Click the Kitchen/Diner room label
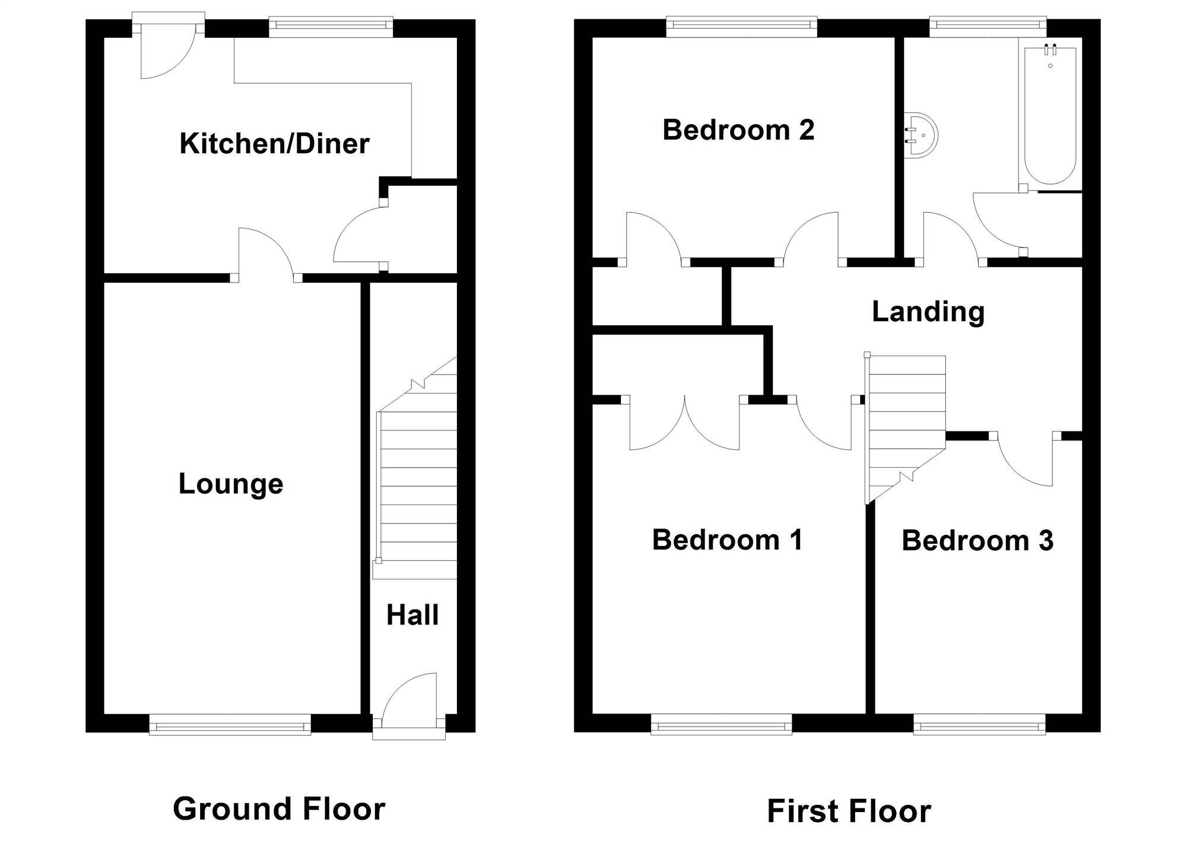click(x=274, y=144)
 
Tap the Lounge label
click(x=231, y=484)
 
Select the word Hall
click(x=412, y=615)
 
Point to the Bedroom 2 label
click(x=738, y=130)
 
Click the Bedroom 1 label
click(x=728, y=540)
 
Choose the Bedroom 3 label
click(x=977, y=541)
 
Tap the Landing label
click(x=928, y=312)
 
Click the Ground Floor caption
click(x=279, y=809)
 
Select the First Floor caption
click(x=849, y=811)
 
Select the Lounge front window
click(x=230, y=724)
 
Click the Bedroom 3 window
click(x=979, y=724)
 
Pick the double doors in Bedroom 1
click(x=684, y=423)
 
